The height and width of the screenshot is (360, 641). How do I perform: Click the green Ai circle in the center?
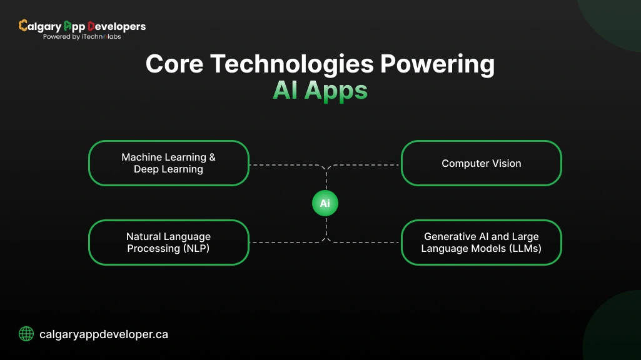coord(325,204)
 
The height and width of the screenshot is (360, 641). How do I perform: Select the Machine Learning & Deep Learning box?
coord(169,163)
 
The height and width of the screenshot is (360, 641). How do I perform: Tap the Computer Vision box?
coord(481,163)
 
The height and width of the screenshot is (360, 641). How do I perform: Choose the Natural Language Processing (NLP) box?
coord(169,242)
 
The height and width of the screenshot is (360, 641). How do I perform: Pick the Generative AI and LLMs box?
coord(481,242)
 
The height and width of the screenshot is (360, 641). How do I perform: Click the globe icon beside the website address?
coord(26,334)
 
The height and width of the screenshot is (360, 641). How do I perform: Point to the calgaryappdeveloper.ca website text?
coord(103,334)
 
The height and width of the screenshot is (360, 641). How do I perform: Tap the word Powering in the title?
coord(440,65)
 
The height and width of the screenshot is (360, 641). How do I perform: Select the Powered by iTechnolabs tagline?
coord(81,37)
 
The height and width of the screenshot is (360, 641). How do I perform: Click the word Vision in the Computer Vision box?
coord(506,163)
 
